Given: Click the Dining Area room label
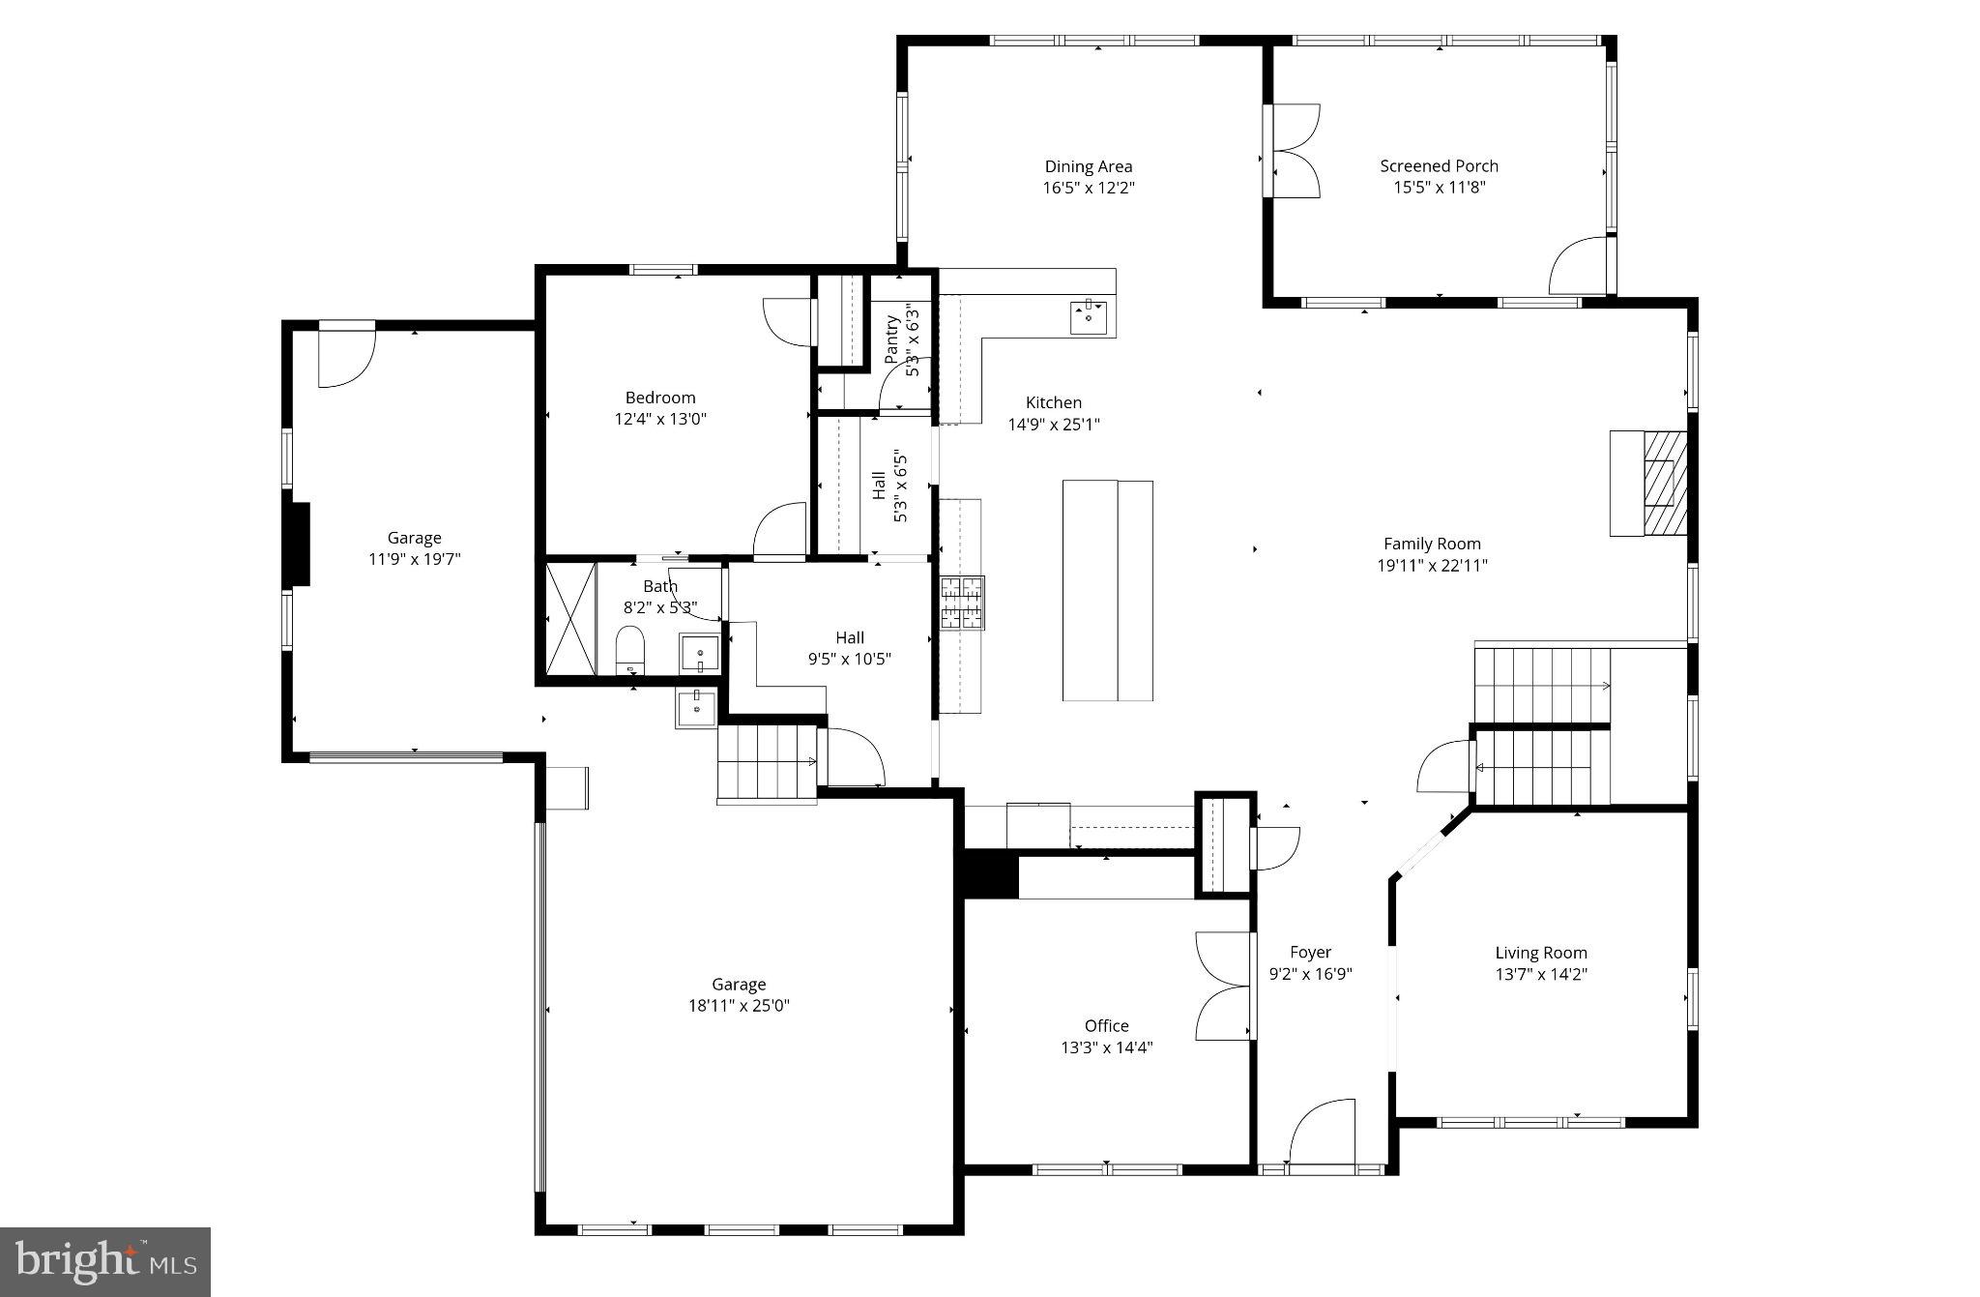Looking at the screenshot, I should (x=1088, y=166).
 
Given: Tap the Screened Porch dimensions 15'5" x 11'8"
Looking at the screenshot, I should (x=1439, y=188).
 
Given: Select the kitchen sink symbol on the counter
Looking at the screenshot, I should (x=1090, y=315).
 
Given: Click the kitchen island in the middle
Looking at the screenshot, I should (x=1107, y=590).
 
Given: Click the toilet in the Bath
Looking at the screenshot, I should (x=629, y=649).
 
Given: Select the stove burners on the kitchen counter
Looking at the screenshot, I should (x=962, y=603).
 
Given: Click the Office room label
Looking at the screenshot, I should (x=1106, y=1025).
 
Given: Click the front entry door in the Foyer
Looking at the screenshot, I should (x=1323, y=1132).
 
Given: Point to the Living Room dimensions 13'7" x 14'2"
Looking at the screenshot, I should (x=1541, y=974).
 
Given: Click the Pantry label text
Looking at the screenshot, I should (x=891, y=339).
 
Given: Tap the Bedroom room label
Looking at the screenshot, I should (x=660, y=398).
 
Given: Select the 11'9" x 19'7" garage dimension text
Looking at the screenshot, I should (x=414, y=559).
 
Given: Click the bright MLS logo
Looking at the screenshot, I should (x=105, y=1261).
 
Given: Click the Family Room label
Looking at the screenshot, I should (x=1432, y=544).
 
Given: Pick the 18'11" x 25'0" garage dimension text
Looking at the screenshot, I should (x=739, y=1006).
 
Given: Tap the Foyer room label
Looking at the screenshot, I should (x=1310, y=952).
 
